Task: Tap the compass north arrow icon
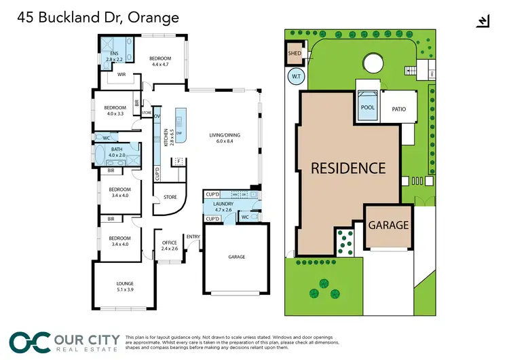[483, 22]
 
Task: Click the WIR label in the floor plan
[123, 75]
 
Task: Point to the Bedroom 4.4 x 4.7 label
[160, 62]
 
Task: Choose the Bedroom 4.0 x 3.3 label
[115, 111]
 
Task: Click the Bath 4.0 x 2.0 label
[117, 153]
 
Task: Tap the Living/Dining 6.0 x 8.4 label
[224, 139]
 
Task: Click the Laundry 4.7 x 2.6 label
[223, 206]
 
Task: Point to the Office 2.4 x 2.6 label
[170, 246]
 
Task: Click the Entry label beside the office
[193, 236]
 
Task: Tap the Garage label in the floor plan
[236, 257]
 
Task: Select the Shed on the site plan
[295, 53]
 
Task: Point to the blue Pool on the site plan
[367, 107]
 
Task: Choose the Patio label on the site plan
[398, 108]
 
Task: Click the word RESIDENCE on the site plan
[348, 168]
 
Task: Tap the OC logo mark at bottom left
[28, 342]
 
